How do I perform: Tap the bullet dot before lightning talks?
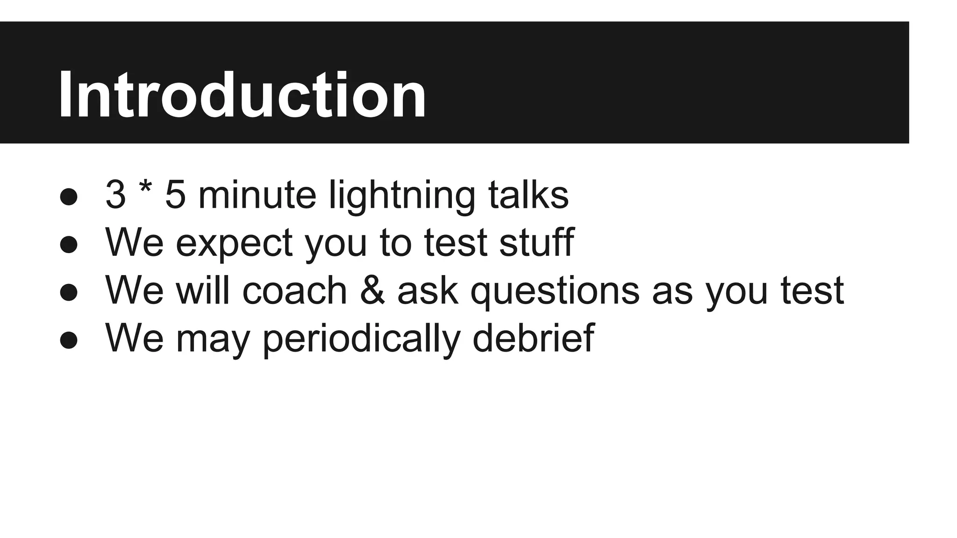pos(69,196)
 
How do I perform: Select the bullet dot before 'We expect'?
pos(69,244)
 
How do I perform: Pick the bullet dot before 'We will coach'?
pos(69,292)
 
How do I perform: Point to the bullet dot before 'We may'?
pos(69,340)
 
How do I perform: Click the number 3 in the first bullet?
pos(115,195)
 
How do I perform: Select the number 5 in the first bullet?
pos(175,195)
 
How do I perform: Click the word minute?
pos(257,195)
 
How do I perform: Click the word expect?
pos(234,244)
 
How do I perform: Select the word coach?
pos(295,290)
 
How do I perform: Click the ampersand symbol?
pos(373,290)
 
